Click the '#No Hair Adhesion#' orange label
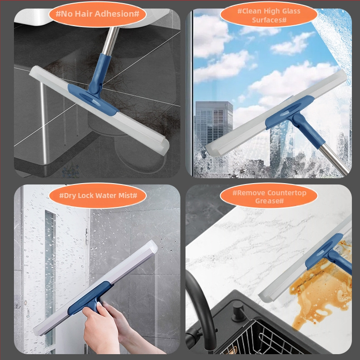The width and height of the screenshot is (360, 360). click(x=98, y=14)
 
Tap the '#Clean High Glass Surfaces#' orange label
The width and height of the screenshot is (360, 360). click(x=269, y=15)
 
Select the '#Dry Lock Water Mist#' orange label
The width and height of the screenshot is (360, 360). click(x=98, y=196)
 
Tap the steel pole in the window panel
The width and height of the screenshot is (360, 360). click(x=334, y=158)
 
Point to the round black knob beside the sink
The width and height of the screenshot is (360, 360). click(x=238, y=312)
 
